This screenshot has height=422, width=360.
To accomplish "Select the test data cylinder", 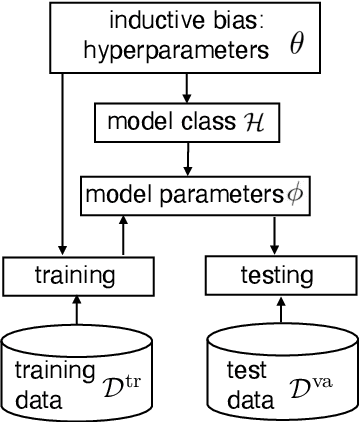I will pyautogui.click(x=282, y=370).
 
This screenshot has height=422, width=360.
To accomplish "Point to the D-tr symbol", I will pyautogui.click(x=112, y=385).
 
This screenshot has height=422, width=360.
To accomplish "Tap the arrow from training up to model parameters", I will pyautogui.click(x=123, y=232).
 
